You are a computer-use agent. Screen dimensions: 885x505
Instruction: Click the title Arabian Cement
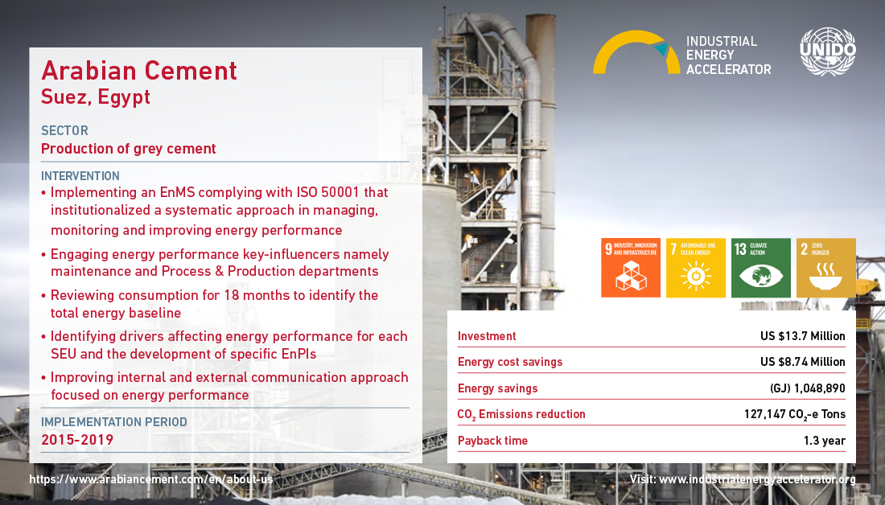[139, 71]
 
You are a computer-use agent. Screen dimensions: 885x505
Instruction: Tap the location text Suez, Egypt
[96, 97]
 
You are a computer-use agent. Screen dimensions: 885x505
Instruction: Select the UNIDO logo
[827, 51]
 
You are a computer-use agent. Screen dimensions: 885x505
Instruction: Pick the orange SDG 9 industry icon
[631, 268]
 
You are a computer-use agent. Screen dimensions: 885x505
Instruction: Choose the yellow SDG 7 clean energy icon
[695, 268]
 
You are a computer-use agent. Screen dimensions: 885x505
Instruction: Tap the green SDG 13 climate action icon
[761, 268]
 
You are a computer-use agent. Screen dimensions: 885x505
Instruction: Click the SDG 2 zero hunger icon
[825, 268]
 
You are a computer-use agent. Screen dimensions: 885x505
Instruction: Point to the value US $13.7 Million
[803, 336]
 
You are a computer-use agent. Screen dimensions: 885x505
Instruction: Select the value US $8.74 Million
[803, 362]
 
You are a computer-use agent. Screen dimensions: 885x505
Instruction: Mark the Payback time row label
[492, 441]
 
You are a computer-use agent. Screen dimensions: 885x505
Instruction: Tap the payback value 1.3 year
[825, 441]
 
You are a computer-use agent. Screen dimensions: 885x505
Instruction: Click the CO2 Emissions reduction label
[521, 415]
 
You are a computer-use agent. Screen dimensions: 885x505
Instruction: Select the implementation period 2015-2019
[77, 440]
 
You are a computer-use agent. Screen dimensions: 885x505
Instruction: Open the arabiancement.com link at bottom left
[151, 479]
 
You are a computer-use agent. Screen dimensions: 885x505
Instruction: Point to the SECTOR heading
[64, 131]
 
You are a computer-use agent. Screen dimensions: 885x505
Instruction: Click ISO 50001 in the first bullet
[328, 192]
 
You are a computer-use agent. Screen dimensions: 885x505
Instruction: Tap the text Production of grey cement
[128, 149]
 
